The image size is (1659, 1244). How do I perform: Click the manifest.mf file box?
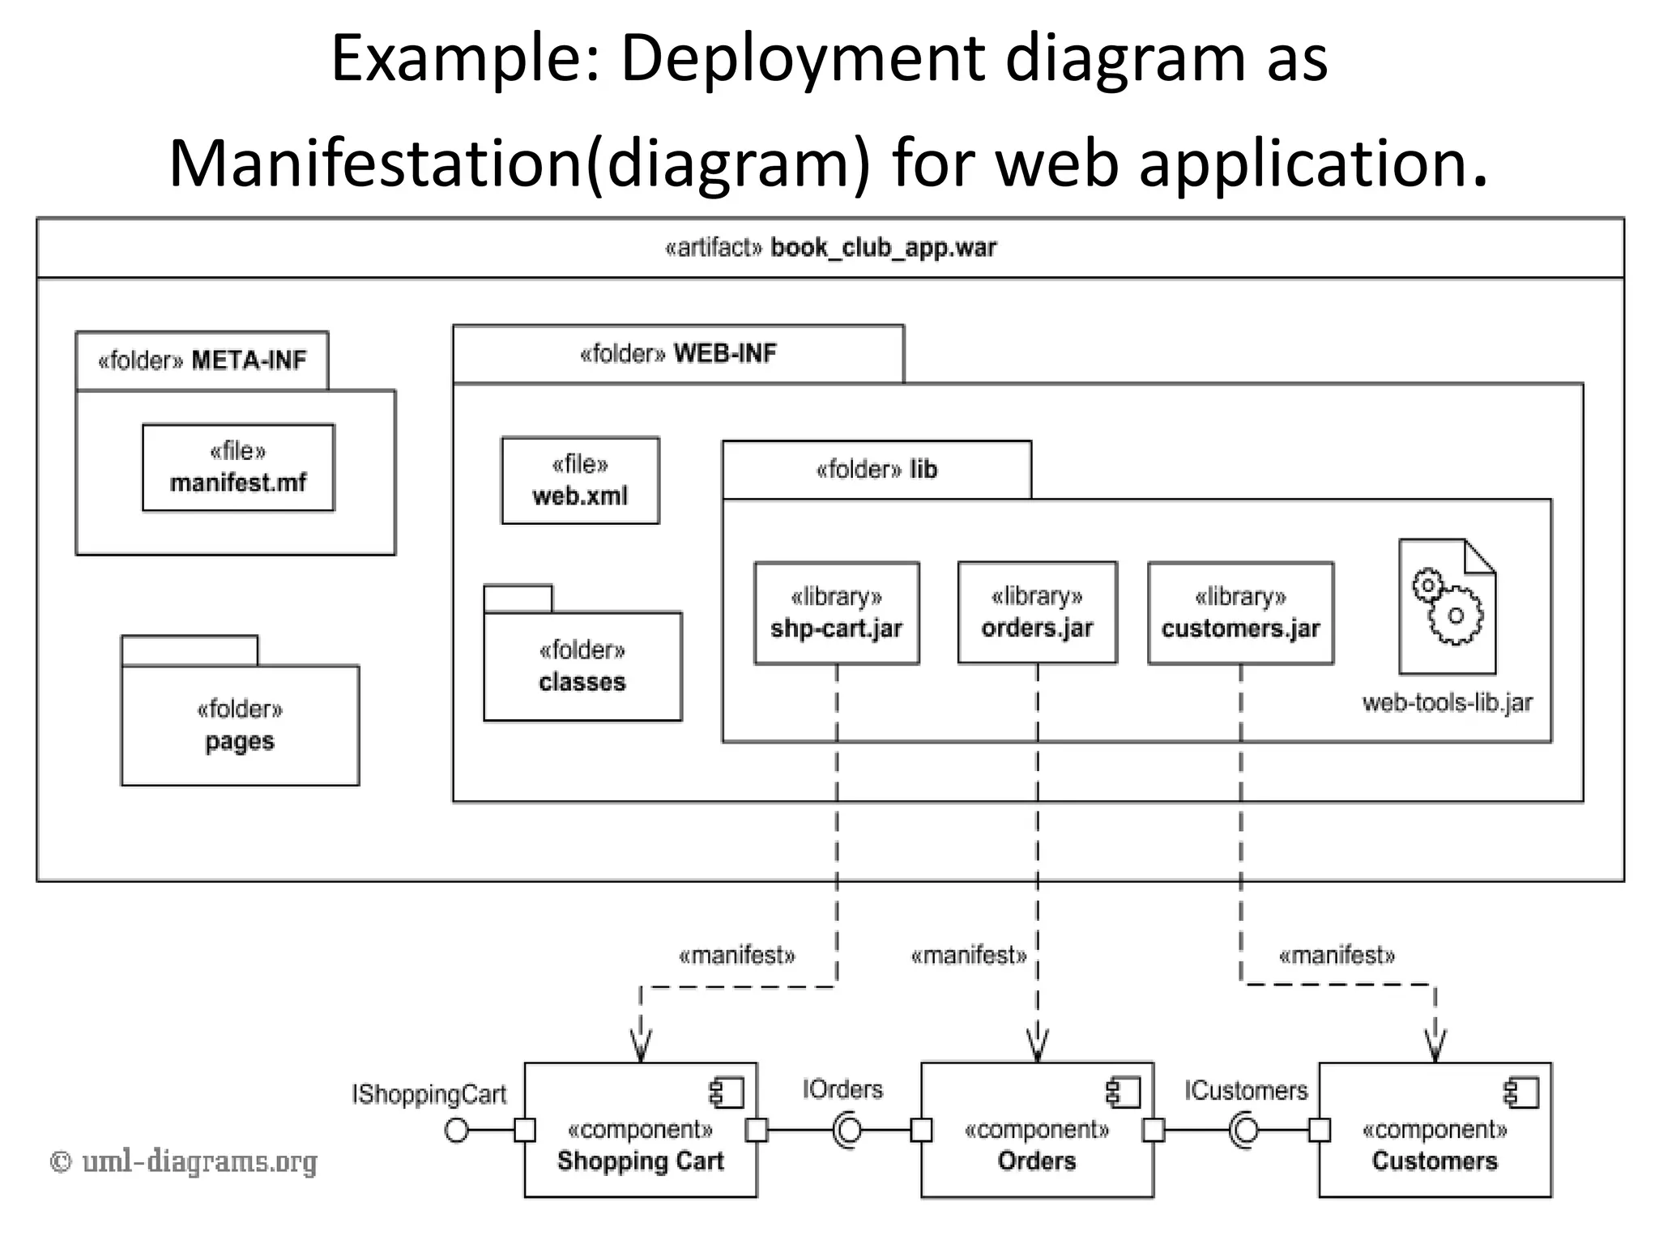click(x=238, y=467)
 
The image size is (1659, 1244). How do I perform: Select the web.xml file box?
click(x=580, y=480)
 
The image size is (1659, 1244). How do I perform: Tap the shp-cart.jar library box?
click(x=836, y=613)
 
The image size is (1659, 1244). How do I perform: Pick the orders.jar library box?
click(x=1037, y=613)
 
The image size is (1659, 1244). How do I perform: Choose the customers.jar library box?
click(x=1240, y=613)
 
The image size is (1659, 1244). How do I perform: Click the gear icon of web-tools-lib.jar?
click(x=1448, y=607)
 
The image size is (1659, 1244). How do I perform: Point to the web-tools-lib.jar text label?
click(x=1447, y=702)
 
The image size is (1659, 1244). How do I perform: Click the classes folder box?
click(x=582, y=666)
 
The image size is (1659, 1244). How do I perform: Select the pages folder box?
click(x=240, y=725)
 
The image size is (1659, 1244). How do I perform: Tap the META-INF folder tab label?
click(x=203, y=360)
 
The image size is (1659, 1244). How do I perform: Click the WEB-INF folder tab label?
click(x=678, y=354)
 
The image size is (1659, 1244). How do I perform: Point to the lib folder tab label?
click(x=876, y=470)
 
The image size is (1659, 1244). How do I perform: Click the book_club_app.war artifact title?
click(x=830, y=248)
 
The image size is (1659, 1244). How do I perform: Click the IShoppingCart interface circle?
click(x=457, y=1130)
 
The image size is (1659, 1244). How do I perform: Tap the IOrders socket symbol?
click(x=847, y=1130)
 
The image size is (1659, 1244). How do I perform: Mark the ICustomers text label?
click(x=1246, y=1090)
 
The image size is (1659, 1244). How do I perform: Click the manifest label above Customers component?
click(x=1337, y=956)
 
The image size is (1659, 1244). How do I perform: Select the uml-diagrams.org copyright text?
click(x=184, y=1162)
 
